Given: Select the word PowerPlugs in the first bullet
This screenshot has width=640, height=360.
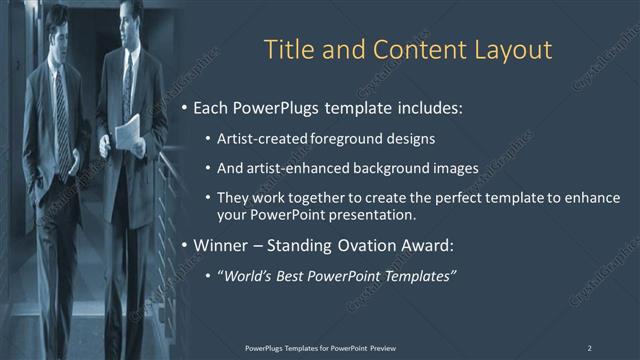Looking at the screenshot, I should tap(272, 107).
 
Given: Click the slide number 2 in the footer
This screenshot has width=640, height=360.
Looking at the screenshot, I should tap(589, 347).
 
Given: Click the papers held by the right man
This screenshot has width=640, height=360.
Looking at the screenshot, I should tap(128, 132).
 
